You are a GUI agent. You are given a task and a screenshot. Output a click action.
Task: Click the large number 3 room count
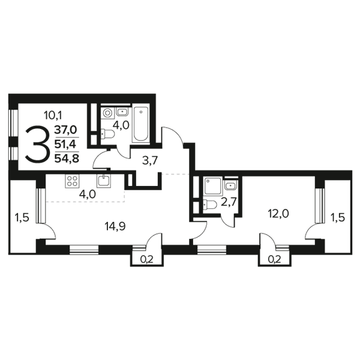[x=37, y=145]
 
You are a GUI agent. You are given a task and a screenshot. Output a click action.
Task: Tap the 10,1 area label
[x=53, y=115]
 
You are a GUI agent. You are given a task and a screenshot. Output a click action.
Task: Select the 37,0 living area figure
[x=65, y=130]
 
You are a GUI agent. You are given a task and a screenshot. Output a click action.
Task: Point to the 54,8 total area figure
[x=67, y=158]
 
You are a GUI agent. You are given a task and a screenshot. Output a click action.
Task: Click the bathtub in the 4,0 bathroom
[x=141, y=124]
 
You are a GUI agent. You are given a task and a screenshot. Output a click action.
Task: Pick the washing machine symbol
[x=107, y=113]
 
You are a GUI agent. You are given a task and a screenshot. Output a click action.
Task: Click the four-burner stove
[x=72, y=181]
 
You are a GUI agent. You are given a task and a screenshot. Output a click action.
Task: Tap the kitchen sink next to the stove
[x=104, y=181]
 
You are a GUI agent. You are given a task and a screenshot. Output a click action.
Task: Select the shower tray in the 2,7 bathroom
[x=212, y=186]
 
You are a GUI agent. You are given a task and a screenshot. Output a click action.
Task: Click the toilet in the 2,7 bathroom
[x=210, y=205]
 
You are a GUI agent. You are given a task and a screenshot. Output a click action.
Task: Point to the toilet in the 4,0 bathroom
[x=107, y=134]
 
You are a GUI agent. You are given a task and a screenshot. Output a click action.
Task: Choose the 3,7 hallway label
[x=150, y=160]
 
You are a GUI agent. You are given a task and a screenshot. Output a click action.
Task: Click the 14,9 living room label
[x=115, y=227]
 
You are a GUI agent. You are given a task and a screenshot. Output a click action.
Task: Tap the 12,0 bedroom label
[x=278, y=214]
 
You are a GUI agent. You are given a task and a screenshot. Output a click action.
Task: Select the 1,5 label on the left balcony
[x=22, y=217]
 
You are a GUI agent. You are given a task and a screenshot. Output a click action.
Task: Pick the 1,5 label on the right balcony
[x=337, y=217]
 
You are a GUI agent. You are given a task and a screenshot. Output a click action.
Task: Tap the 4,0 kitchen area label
[x=87, y=194]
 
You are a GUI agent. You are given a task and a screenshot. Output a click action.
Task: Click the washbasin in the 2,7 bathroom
[x=230, y=185]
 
